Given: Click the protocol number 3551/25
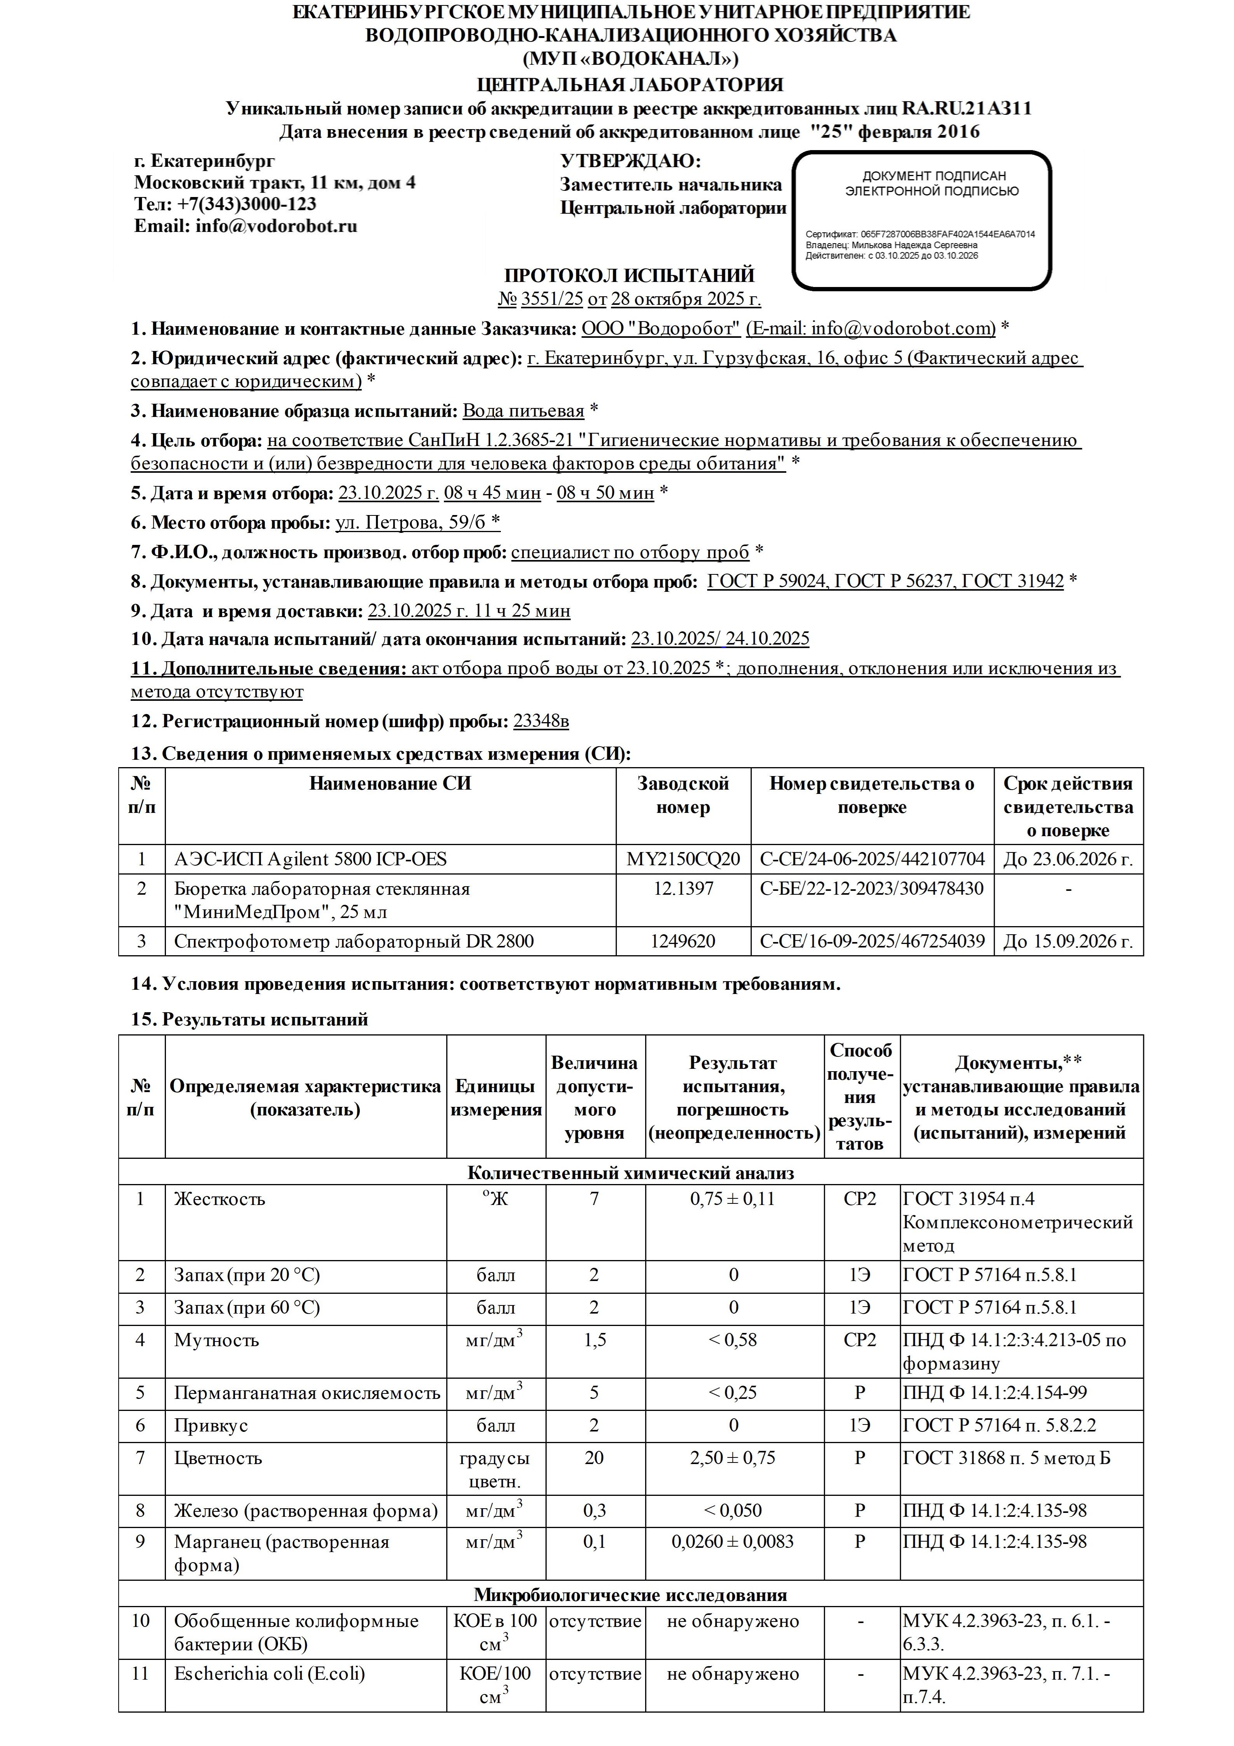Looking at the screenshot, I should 551,299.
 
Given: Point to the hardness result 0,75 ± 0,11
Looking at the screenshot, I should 734,1199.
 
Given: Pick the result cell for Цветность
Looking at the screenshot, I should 734,1459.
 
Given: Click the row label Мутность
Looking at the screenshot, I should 217,1340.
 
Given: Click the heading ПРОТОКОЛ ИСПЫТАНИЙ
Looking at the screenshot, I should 630,275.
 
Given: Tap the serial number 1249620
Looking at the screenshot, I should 683,941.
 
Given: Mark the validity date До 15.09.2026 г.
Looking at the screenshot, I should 1068,941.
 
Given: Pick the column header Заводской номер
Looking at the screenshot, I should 683,795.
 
